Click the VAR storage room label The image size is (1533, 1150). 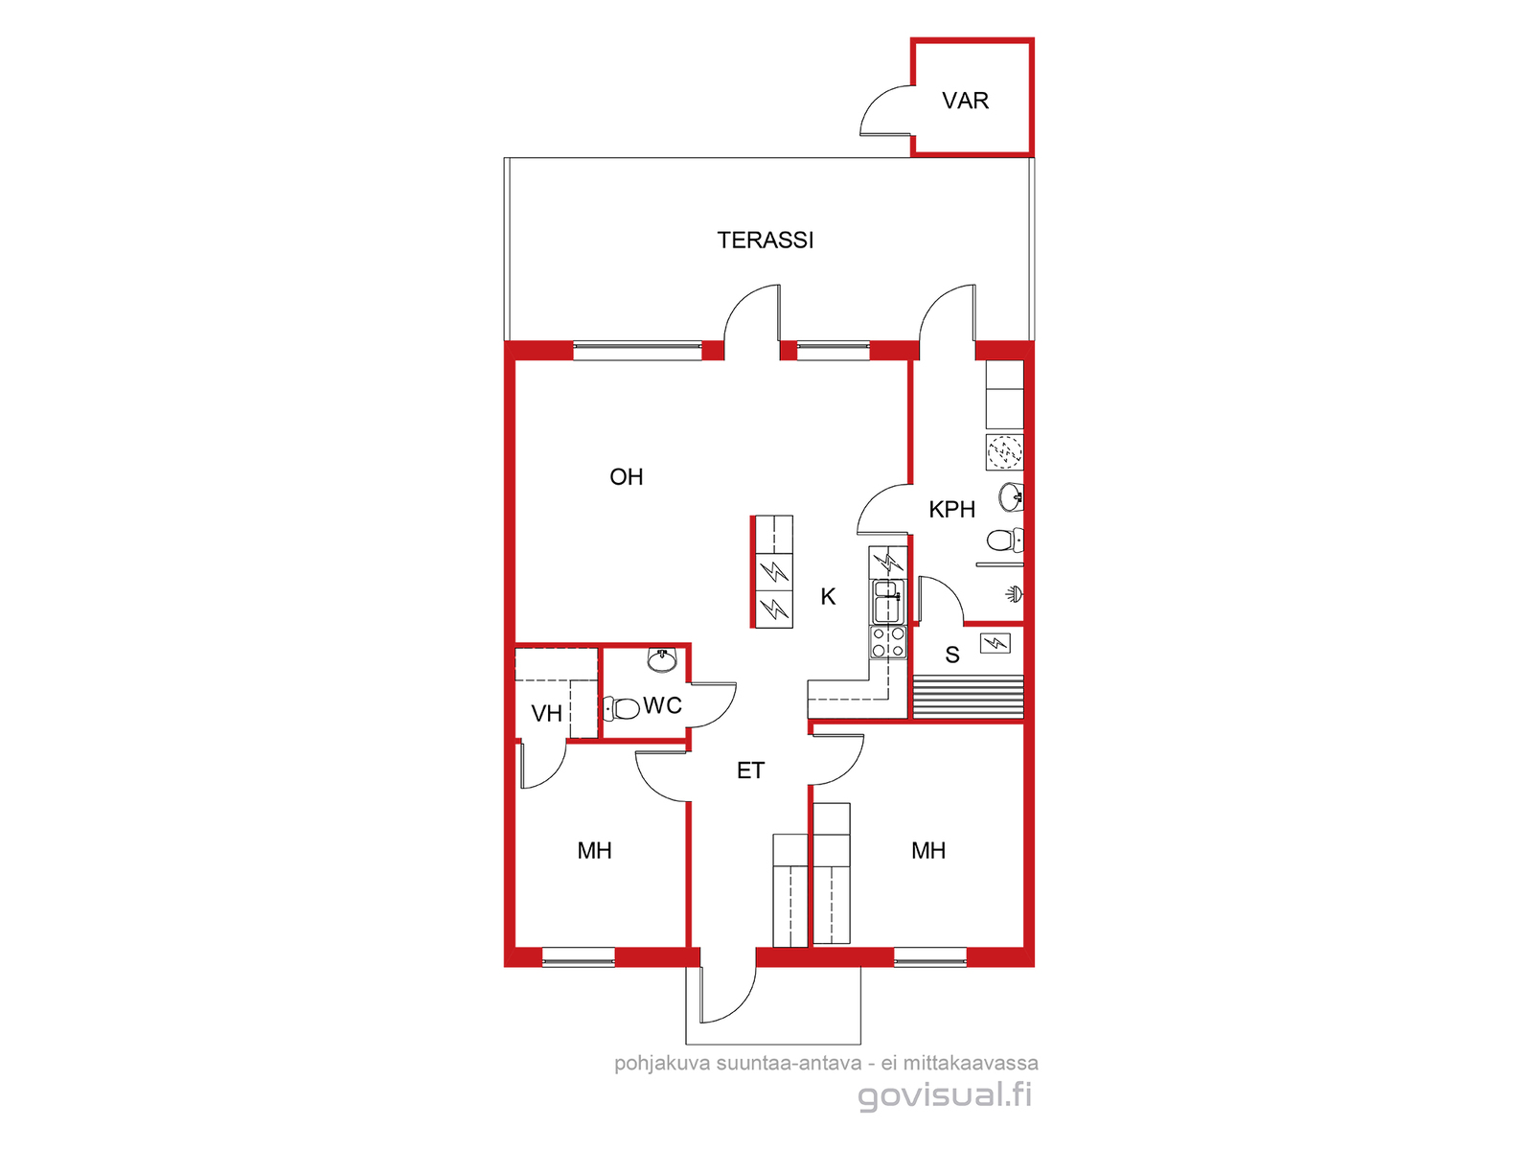(x=965, y=101)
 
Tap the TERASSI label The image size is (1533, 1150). (x=765, y=240)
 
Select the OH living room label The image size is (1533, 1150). (x=626, y=476)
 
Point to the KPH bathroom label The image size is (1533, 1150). (x=951, y=509)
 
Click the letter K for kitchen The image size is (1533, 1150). (x=828, y=595)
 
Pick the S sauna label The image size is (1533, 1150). (x=952, y=655)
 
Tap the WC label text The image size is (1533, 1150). (x=662, y=705)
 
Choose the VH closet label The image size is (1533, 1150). (x=546, y=713)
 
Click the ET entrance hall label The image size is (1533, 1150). (x=750, y=770)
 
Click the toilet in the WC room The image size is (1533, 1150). (x=621, y=709)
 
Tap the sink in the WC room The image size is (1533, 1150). (x=661, y=660)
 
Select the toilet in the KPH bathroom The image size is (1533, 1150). (x=1005, y=540)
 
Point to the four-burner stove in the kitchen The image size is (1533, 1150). (x=887, y=642)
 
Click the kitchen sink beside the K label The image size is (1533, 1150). (x=887, y=602)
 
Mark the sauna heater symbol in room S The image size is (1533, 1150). (x=995, y=642)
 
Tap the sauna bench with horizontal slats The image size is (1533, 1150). (x=968, y=696)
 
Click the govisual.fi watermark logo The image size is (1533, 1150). (x=945, y=1094)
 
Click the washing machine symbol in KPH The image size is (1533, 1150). (x=1004, y=452)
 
